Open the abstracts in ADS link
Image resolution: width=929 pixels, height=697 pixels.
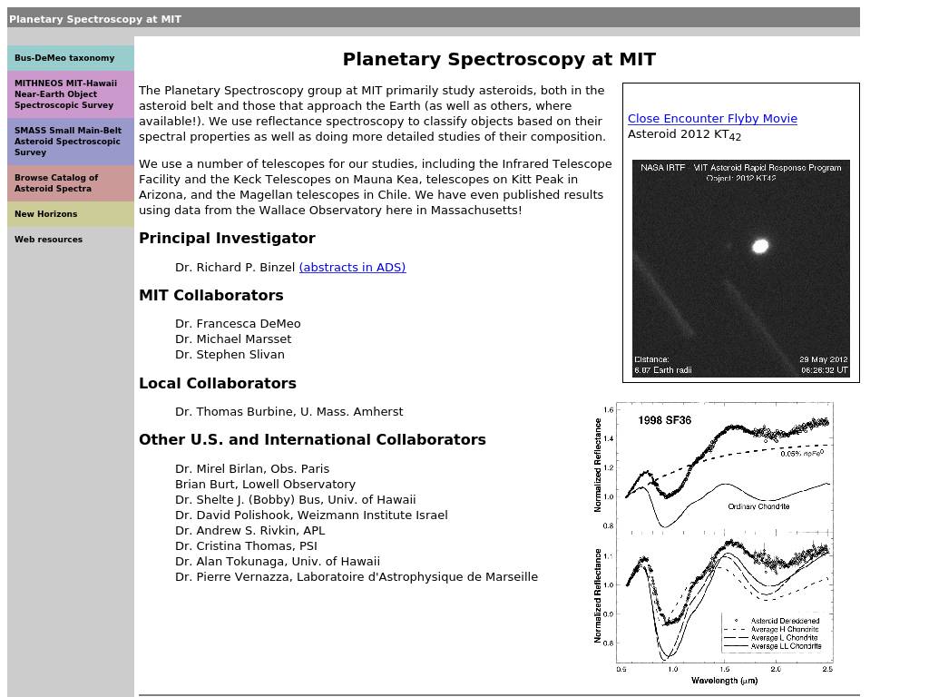352,267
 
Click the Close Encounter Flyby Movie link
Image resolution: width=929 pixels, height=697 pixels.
712,119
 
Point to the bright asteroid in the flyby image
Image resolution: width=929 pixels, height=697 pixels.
760,245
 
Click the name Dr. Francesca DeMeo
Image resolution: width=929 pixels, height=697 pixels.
238,324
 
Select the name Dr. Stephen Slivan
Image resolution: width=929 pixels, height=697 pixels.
230,355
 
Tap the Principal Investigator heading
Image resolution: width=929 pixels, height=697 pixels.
227,239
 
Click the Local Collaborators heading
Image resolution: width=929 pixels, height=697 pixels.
218,384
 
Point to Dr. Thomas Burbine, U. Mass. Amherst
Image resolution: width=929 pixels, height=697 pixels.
288,412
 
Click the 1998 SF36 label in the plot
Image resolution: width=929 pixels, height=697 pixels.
664,420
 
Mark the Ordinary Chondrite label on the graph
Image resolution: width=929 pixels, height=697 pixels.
758,506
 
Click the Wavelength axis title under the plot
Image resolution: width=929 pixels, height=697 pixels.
724,681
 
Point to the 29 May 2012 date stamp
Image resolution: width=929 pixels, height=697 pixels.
823,359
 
